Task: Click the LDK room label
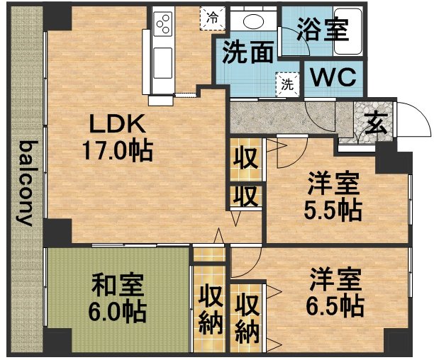coord(116,123)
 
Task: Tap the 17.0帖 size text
coord(117,151)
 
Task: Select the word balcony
coord(26,184)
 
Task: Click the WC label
coord(333,77)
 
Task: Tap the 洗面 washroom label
coord(248,52)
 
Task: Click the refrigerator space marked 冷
coord(213,18)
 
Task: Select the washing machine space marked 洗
coord(288,84)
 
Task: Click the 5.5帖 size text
coord(333,210)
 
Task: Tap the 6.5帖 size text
coord(335,307)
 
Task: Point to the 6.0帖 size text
coord(117,311)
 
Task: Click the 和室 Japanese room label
coord(117,284)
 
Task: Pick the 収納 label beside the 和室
coord(211,309)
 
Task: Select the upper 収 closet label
coord(246,159)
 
